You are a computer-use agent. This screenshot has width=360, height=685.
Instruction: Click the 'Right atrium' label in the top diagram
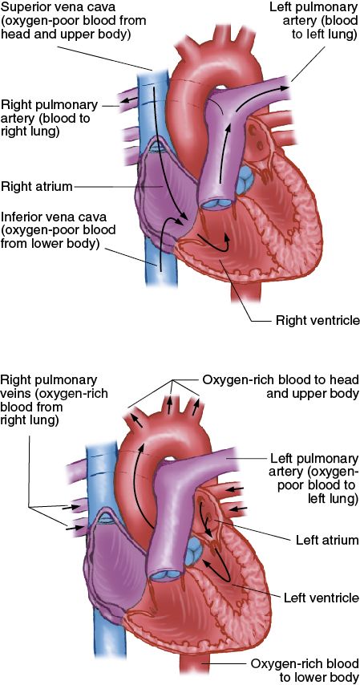pyautogui.click(x=36, y=187)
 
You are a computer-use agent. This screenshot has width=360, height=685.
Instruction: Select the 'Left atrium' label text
pyautogui.click(x=327, y=540)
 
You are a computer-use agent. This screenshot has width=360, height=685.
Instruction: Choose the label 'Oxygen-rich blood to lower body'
pyautogui.click(x=305, y=671)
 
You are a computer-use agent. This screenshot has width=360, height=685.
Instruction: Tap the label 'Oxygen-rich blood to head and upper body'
pyautogui.click(x=281, y=387)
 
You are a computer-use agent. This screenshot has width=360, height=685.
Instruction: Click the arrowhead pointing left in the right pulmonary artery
pyautogui.click(x=125, y=99)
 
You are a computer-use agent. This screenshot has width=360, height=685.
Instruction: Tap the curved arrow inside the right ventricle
pyautogui.click(x=214, y=244)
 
